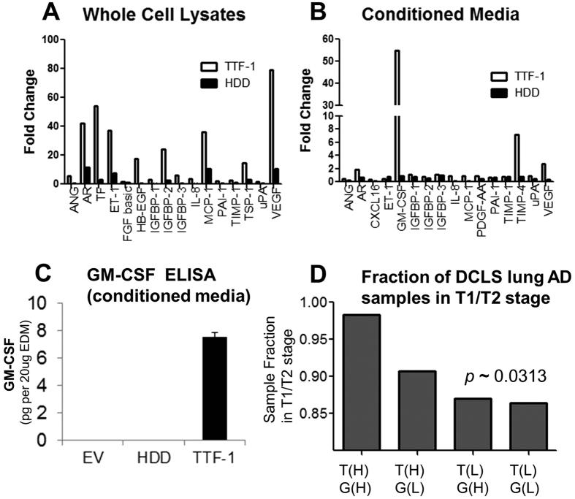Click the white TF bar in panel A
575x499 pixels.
tap(95, 145)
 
